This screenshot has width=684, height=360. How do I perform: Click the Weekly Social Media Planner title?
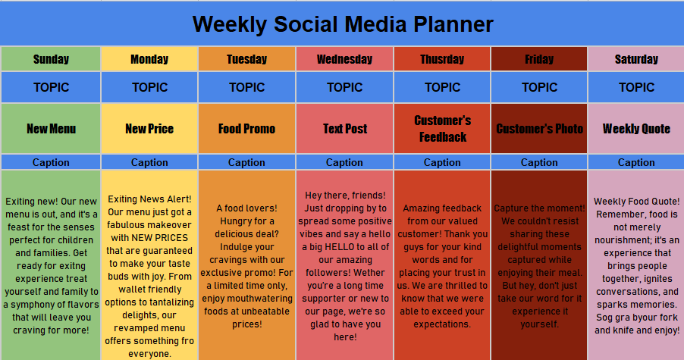pyautogui.click(x=343, y=24)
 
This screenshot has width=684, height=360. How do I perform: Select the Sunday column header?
pyautogui.click(x=51, y=59)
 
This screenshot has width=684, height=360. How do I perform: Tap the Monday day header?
pyautogui.click(x=149, y=59)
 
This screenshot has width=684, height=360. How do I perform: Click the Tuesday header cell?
pyautogui.click(x=246, y=59)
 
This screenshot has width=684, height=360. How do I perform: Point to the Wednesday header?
pyautogui.click(x=344, y=59)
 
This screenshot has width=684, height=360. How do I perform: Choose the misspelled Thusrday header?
pyautogui.click(x=442, y=59)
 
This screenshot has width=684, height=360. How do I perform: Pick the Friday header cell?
pyautogui.click(x=539, y=59)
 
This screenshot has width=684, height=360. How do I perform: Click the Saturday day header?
pyautogui.click(x=636, y=59)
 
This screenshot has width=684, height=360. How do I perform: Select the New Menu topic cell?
pyautogui.click(x=51, y=129)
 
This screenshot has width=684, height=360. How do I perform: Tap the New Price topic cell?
pyautogui.click(x=149, y=129)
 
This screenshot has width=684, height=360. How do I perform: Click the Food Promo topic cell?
pyautogui.click(x=246, y=129)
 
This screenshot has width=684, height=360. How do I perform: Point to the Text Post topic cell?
pyautogui.click(x=344, y=129)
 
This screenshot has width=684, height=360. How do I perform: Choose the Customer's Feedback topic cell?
pyautogui.click(x=442, y=129)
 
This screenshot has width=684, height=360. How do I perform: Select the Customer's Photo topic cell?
pyautogui.click(x=539, y=129)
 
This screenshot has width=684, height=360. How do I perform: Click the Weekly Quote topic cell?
pyautogui.click(x=636, y=129)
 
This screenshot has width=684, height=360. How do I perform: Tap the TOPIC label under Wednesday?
pyautogui.click(x=344, y=88)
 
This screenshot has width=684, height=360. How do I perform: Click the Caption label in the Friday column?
pyautogui.click(x=539, y=162)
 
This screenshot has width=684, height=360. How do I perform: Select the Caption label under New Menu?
pyautogui.click(x=51, y=162)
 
